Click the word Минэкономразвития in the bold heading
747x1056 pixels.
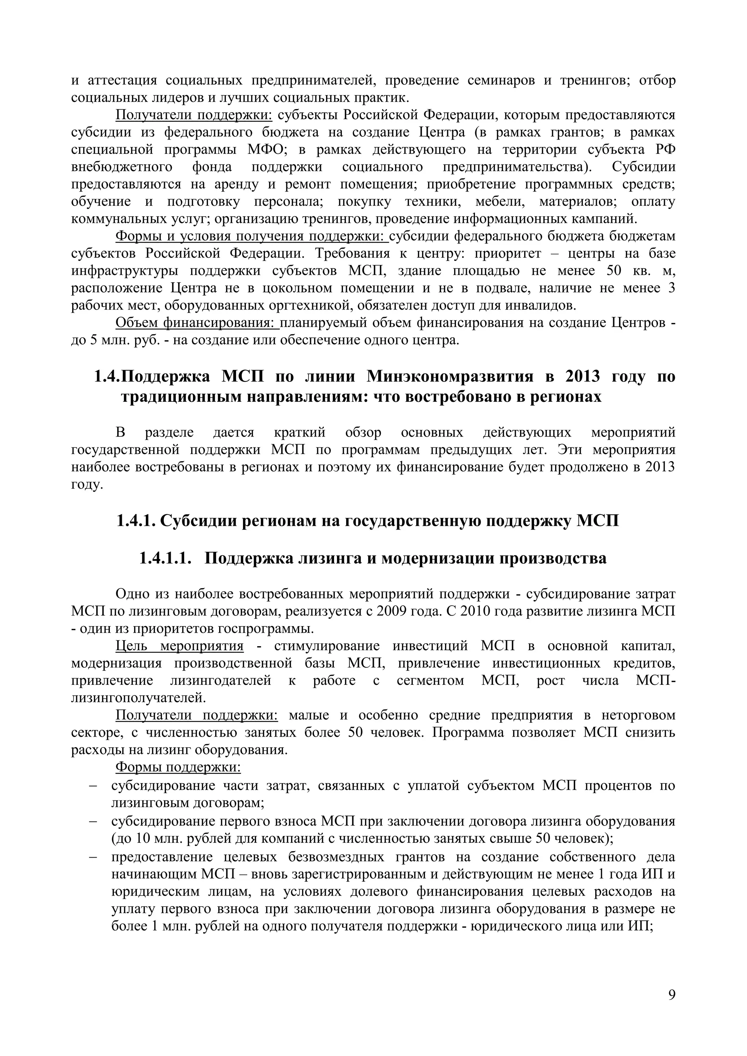click(449, 376)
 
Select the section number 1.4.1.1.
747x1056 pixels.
click(165, 558)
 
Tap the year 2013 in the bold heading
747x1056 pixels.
click(583, 376)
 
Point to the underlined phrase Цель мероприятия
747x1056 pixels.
click(179, 646)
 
